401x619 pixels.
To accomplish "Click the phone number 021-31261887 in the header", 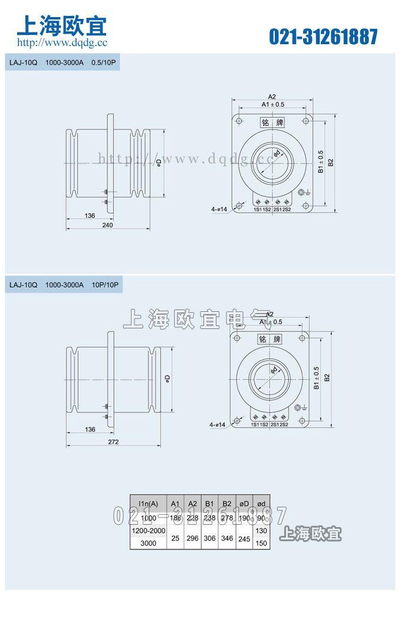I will pos(323,37).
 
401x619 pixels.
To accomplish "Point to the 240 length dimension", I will pos(107,225).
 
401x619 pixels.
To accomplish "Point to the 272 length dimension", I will pos(114,442).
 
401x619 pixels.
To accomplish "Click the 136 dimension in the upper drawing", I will pos(90,216).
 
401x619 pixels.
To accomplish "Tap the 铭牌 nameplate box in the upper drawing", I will pos(272,123).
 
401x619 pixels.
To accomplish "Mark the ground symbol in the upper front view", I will pos(303,192).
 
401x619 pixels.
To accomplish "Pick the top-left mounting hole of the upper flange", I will pos(239,121).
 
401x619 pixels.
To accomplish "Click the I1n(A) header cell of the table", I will pos(147,503).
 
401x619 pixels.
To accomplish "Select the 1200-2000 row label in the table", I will pos(148,531).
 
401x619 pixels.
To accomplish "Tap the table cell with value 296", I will pos(192,537).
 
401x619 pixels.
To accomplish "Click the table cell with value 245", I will pos(244,537).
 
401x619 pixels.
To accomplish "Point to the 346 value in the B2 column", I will pos(226,537).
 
